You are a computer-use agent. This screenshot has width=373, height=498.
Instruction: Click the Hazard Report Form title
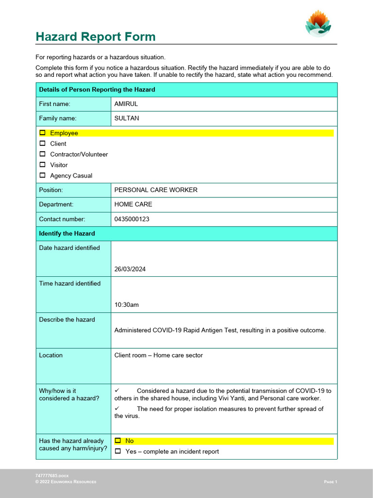pyautogui.click(x=96, y=37)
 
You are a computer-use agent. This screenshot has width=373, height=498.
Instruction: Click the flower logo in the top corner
pyautogui.click(x=318, y=23)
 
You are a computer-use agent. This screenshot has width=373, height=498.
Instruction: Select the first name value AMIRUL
pyautogui.click(x=126, y=104)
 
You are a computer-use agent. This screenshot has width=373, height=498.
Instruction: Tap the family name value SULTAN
pyautogui.click(x=126, y=118)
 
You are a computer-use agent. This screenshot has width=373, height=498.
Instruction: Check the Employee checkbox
pyautogui.click(x=42, y=133)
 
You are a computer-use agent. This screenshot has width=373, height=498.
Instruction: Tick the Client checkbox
pyautogui.click(x=42, y=143)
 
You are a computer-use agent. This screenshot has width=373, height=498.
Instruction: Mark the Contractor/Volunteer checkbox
pyautogui.click(x=42, y=154)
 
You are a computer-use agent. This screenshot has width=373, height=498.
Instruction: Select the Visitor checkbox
pyautogui.click(x=42, y=165)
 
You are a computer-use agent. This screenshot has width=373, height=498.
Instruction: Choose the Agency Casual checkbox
pyautogui.click(x=42, y=176)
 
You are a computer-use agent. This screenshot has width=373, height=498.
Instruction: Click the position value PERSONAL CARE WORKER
pyautogui.click(x=156, y=190)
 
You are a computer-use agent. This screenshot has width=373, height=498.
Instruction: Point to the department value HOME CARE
pyautogui.click(x=133, y=205)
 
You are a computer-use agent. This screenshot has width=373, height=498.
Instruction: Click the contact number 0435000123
pyautogui.click(x=132, y=219)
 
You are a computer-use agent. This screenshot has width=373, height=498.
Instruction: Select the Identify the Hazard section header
pyautogui.click(x=67, y=233)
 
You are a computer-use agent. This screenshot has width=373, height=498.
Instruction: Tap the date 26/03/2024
pyautogui.click(x=130, y=269)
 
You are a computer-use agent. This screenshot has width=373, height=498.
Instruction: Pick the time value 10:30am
pyautogui.click(x=126, y=305)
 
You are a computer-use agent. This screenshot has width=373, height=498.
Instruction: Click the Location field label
pyautogui.click(x=51, y=356)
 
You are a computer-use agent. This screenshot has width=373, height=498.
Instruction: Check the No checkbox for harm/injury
pyautogui.click(x=118, y=441)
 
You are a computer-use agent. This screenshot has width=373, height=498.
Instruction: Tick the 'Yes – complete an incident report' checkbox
pyautogui.click(x=118, y=451)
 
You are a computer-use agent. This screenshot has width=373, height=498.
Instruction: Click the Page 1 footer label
pyautogui.click(x=330, y=482)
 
